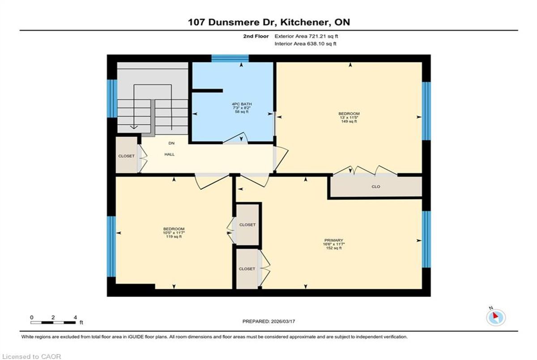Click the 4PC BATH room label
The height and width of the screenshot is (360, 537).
242,104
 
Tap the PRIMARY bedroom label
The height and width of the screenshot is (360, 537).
334,240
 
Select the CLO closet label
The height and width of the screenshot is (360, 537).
375,186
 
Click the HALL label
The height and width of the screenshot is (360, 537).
170,154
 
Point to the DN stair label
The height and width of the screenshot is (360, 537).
171,143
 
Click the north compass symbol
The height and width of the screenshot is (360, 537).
496,318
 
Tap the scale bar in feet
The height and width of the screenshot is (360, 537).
53,322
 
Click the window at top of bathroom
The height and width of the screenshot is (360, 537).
230,59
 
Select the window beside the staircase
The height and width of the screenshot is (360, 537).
112,98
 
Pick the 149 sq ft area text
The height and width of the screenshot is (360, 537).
349,122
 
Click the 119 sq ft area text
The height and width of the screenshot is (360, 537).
174,237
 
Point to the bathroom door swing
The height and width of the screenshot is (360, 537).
236,138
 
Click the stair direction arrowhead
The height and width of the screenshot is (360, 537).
134,127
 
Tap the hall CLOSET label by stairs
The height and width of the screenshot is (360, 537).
126,156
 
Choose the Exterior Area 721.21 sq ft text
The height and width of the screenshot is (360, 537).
307,36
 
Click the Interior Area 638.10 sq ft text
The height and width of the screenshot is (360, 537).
305,43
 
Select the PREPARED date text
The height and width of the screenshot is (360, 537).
269,322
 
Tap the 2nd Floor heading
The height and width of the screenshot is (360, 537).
256,36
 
